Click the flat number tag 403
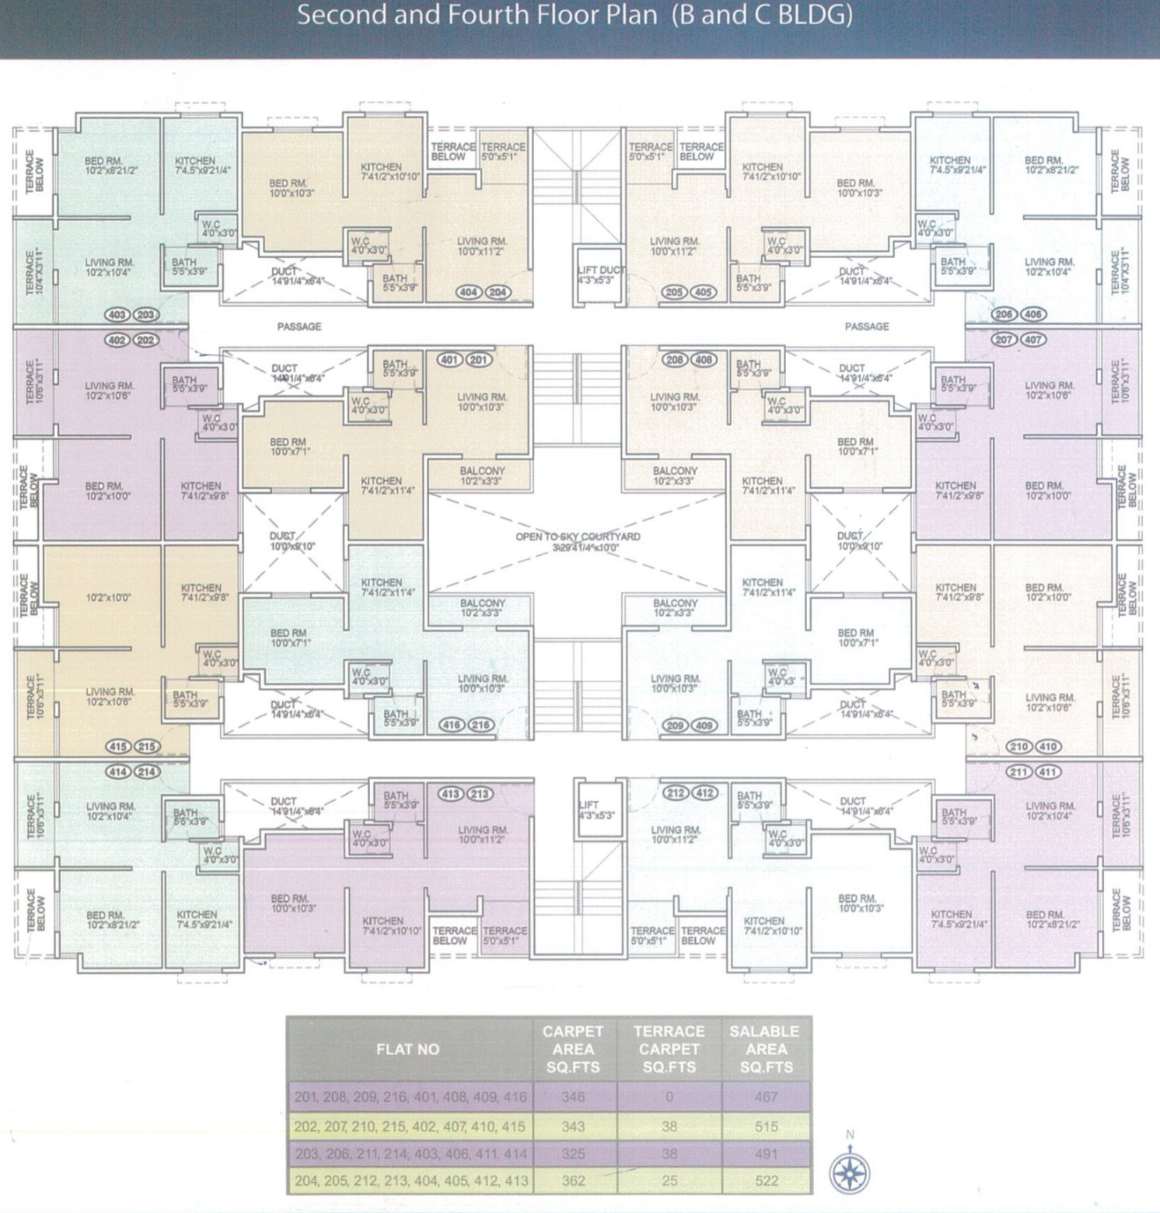point(117,315)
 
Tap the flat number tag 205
point(674,292)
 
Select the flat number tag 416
point(452,725)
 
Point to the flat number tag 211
point(1018,772)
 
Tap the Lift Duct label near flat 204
point(600,274)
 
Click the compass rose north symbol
point(849,1171)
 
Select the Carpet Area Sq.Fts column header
point(573,1049)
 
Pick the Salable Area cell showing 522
point(766,1180)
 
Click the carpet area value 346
point(573,1097)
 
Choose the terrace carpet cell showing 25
point(669,1180)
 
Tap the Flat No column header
point(408,1049)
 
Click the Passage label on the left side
point(299,327)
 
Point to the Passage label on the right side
point(867,327)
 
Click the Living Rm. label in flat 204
point(482,246)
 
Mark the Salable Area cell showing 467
point(766,1097)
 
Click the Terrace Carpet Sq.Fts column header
point(669,1049)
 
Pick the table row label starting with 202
point(410,1126)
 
